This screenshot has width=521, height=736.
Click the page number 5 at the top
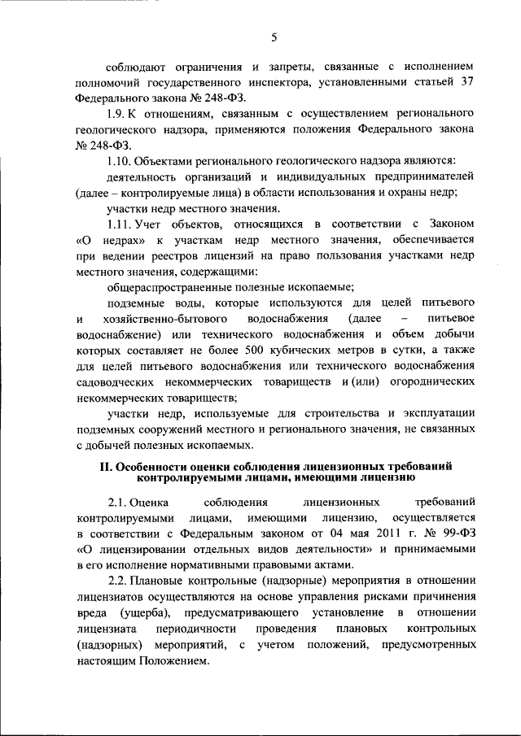pyautogui.click(x=274, y=37)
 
